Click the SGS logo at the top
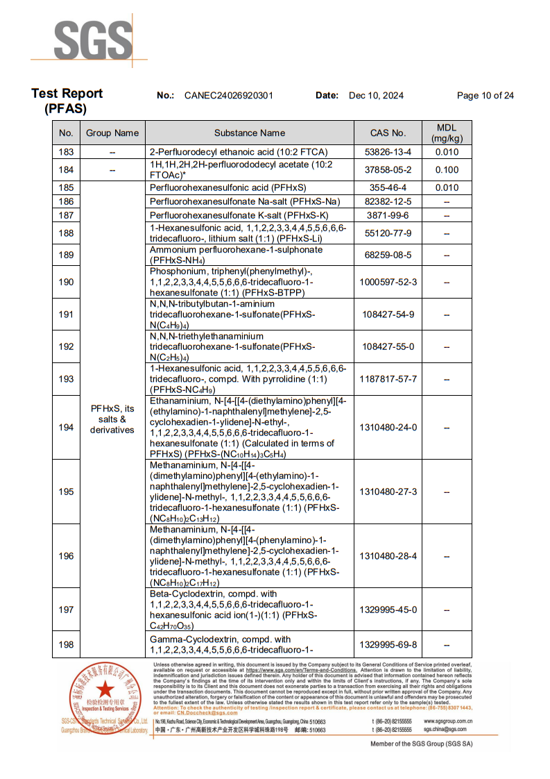[x=93, y=41]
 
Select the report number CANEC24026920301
[x=228, y=96]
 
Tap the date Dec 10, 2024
[x=376, y=96]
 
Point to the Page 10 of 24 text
[x=485, y=96]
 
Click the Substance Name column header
[x=249, y=133]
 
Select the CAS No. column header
[x=388, y=133]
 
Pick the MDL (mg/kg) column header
[x=447, y=133]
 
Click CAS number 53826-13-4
[x=388, y=152]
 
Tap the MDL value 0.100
[x=447, y=170]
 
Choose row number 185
[x=66, y=187]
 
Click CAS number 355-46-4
[x=388, y=187]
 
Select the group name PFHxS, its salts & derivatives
[x=112, y=419]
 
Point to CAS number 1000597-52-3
[x=388, y=282]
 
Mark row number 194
[x=66, y=427]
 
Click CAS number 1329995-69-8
[x=388, y=645]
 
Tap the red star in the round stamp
[x=105, y=689]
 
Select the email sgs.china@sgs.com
[x=445, y=730]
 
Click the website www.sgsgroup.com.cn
[x=449, y=721]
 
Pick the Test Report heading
[x=67, y=94]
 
